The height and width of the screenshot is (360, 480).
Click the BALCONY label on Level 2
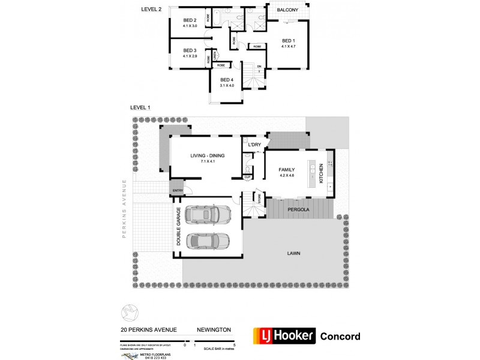[288, 10]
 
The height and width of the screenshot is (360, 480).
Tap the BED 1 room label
[289, 41]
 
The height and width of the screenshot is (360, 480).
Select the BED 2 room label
[190, 20]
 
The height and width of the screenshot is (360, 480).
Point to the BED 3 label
[190, 50]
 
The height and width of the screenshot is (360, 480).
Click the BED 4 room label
[226, 80]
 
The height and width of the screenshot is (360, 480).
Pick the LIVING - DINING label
[208, 156]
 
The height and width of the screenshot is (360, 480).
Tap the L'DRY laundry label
[250, 145]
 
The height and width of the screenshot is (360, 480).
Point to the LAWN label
[293, 253]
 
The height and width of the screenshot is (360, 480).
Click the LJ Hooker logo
[283, 335]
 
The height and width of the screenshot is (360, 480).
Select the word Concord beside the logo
[341, 336]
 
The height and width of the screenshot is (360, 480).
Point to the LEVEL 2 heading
[152, 8]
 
